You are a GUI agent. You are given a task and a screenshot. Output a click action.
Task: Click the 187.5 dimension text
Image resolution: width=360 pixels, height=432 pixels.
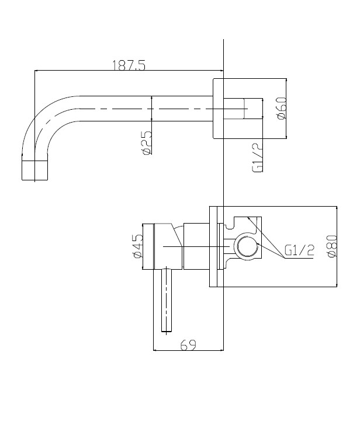(129, 65)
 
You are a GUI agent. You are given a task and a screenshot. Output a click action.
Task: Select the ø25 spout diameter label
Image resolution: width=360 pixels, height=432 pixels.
(147, 142)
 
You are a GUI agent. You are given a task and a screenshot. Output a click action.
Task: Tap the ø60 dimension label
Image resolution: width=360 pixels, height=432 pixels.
(281, 108)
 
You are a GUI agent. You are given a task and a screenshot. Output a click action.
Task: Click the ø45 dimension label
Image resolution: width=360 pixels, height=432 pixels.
(137, 246)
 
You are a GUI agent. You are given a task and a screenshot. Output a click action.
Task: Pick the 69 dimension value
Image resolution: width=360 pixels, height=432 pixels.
(188, 345)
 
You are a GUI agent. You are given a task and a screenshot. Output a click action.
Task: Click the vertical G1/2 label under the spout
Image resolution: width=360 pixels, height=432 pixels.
(257, 158)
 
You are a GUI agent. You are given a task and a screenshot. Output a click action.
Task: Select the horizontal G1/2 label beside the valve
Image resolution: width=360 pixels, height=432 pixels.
(299, 250)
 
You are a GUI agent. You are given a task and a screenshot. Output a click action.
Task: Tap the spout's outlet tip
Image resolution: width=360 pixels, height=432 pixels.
(34, 170)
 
